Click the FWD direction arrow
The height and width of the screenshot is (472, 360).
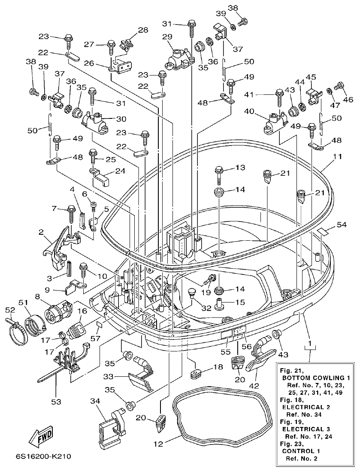click(x=41, y=438)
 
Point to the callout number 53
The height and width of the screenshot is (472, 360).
click(x=56, y=402)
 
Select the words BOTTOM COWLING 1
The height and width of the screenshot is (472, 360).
click(x=316, y=378)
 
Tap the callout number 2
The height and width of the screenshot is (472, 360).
click(x=41, y=233)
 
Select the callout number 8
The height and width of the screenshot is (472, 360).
click(x=38, y=296)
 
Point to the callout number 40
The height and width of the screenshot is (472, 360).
click(x=249, y=112)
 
